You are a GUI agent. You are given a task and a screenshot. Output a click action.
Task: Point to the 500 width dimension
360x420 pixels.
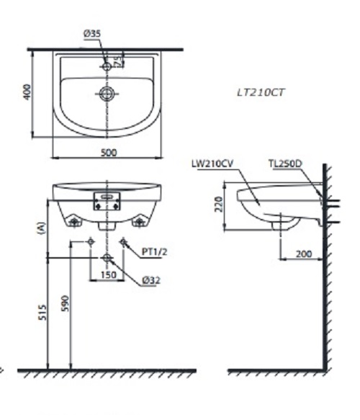tap(109, 152)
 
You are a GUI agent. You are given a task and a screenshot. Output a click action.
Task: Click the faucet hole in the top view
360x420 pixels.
tap(107, 66)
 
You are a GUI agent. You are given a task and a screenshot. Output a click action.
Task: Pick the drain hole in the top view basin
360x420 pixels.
tap(107, 92)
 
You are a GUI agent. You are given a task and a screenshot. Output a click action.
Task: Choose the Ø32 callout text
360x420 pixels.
tap(151, 280)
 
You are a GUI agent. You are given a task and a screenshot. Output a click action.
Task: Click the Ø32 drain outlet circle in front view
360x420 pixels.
tap(107, 257)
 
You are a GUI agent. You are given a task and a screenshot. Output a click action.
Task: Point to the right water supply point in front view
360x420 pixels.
tap(124, 241)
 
